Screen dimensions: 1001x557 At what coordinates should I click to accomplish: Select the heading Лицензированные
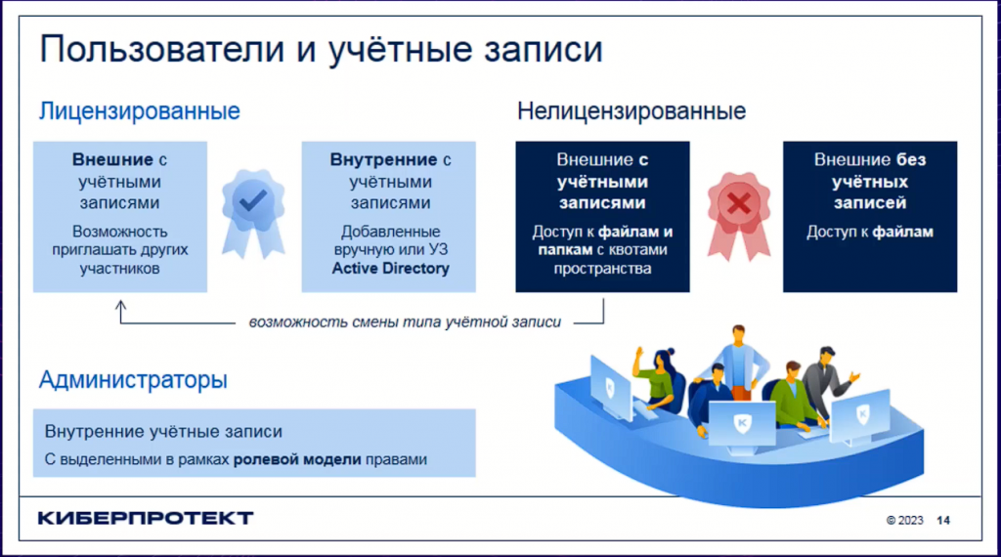140,111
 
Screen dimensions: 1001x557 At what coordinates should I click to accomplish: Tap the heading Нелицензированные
631,111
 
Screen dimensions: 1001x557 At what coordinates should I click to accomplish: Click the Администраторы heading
133,380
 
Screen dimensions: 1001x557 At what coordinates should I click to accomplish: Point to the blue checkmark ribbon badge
253,213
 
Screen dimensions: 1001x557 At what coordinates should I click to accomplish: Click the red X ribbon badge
739,215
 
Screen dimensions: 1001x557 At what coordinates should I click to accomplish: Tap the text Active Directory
391,269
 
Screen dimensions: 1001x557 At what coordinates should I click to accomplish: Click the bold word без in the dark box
911,159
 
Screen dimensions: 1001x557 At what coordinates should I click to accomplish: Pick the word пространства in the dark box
602,269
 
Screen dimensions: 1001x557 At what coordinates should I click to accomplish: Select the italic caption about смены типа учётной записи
405,322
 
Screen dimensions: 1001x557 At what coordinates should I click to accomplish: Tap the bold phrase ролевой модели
297,459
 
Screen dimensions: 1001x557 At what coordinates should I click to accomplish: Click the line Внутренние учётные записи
163,432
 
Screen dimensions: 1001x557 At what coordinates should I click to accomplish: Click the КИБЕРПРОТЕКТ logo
146,518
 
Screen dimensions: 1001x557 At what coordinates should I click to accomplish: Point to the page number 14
943,521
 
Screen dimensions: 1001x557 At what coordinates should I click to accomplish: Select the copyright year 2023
910,521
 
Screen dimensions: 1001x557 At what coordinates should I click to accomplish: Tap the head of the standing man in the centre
738,334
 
